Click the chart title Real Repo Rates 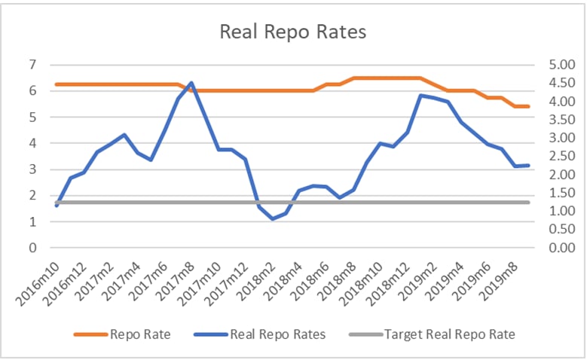coord(293,32)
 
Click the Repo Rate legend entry coord(140,334)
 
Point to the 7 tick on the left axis coord(32,65)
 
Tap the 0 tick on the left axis coord(32,248)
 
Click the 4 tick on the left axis coord(32,143)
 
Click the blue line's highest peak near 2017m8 coord(191,83)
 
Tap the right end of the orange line coord(529,106)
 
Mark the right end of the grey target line coord(529,202)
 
